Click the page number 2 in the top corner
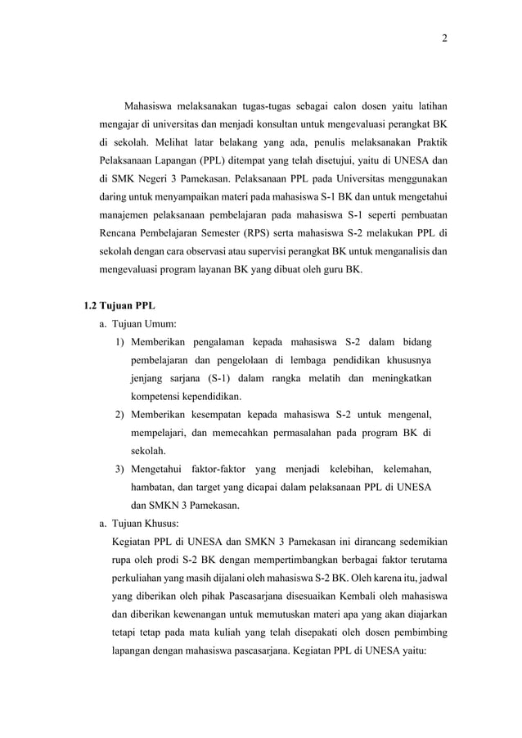(444, 38)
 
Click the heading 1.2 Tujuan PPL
(119, 307)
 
